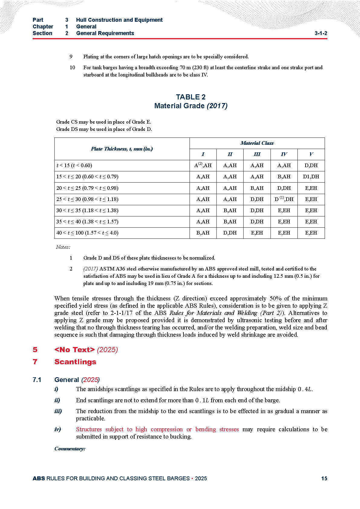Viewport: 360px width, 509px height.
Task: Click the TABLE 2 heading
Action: [x=191, y=97]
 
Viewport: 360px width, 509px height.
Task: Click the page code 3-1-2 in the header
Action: [x=321, y=33]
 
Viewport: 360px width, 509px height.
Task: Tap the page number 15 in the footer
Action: [x=324, y=478]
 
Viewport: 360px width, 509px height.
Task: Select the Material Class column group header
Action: [x=257, y=143]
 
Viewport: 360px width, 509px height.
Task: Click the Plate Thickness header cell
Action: [x=122, y=149]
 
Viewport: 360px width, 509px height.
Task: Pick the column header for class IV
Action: [x=284, y=154]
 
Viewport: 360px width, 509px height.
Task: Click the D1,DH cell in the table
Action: [x=311, y=177]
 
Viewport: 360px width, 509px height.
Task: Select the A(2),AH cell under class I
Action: [x=203, y=165]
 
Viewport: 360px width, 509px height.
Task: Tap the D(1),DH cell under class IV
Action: [x=284, y=199]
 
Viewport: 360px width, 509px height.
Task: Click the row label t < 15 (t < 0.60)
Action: [x=74, y=165]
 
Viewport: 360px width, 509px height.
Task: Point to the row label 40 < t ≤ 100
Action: [x=87, y=233]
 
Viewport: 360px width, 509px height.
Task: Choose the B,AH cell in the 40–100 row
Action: [x=203, y=233]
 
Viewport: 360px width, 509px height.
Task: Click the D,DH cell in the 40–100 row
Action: [x=230, y=233]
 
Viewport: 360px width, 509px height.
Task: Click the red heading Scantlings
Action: [x=75, y=362]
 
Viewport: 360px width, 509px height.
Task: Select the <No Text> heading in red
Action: [x=74, y=350]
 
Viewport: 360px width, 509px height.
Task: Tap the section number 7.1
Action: [x=37, y=380]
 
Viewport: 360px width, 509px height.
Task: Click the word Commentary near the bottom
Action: [x=70, y=449]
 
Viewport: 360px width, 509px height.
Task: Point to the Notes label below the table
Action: [x=63, y=247]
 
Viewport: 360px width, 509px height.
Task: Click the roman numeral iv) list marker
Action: [x=58, y=429]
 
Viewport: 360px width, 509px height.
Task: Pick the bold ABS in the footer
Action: [x=39, y=478]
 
